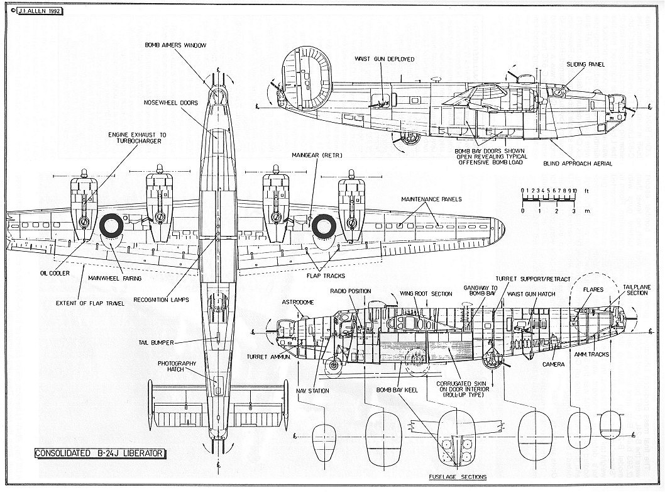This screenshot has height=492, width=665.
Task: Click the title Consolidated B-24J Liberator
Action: (100, 453)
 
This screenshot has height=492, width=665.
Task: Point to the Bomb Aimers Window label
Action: (175, 45)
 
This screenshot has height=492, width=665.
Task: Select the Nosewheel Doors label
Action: (171, 102)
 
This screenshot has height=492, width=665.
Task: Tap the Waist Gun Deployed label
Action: (385, 59)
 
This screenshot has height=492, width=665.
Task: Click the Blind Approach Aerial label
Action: (578, 164)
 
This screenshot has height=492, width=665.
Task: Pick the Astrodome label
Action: (297, 302)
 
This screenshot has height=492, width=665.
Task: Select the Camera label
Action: (554, 364)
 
